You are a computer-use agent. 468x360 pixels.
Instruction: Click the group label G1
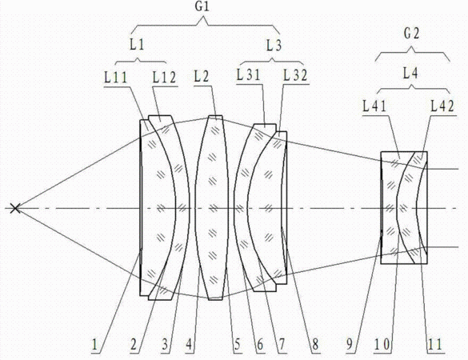point(202,7)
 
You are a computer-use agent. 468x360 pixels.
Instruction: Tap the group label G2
point(411,34)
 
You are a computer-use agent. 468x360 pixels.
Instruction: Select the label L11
point(116,78)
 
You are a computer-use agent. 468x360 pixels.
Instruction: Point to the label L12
point(165,78)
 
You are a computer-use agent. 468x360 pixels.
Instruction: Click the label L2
point(202,77)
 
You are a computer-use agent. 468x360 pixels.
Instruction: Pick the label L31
point(249,74)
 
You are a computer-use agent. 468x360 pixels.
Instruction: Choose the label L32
point(295,75)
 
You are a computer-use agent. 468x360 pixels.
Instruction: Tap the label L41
point(374,106)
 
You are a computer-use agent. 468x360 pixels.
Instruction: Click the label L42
point(442,106)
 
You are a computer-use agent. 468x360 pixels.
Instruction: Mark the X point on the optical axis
point(15,208)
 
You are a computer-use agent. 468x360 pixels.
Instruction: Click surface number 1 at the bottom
point(95,345)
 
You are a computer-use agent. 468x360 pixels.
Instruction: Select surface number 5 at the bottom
point(238,345)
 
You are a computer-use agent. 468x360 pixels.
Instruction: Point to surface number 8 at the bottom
point(315,345)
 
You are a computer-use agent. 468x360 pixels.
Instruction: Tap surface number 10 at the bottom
point(382,345)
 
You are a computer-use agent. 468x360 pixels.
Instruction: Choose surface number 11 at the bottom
point(435,345)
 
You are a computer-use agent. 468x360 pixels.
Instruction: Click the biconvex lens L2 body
point(212,208)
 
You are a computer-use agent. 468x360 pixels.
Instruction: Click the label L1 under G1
point(137,45)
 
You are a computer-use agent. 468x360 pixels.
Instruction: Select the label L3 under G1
point(274,46)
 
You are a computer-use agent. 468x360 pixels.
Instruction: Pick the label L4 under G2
point(410,73)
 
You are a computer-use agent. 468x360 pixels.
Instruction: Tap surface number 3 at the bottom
point(165,345)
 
